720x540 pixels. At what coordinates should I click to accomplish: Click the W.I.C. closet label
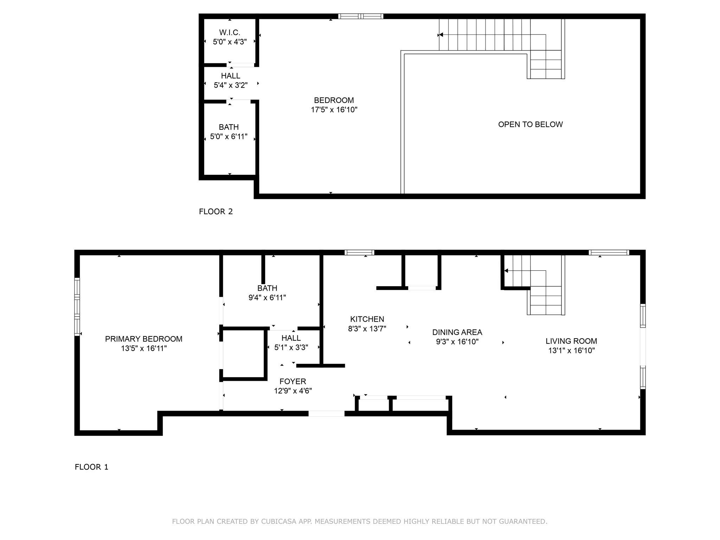[230, 32]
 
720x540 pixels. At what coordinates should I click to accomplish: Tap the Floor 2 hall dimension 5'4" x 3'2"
[231, 85]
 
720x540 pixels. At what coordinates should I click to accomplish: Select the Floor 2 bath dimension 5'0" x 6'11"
[229, 136]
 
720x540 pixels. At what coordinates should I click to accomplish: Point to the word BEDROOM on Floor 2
[334, 100]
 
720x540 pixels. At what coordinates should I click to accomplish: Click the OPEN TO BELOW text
[531, 124]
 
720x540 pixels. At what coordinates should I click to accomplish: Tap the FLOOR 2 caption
[216, 211]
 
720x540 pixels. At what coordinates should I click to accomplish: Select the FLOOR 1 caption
[91, 467]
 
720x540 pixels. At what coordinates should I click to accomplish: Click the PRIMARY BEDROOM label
[144, 339]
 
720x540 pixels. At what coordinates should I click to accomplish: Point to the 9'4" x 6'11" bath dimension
[267, 297]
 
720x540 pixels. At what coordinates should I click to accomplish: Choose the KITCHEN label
[367, 319]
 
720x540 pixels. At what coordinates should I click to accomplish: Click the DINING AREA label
[457, 332]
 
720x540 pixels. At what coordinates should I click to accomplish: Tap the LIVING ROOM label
[571, 341]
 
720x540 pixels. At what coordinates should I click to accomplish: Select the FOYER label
[293, 381]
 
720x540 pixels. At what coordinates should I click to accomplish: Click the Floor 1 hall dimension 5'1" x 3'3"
[291, 347]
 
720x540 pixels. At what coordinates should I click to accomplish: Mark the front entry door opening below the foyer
[326, 413]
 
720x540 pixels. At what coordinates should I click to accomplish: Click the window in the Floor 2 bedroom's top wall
[361, 16]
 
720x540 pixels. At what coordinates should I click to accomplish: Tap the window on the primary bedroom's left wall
[77, 307]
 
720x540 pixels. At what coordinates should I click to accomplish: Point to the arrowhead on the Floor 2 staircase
[440, 35]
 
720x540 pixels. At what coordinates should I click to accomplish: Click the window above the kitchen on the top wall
[359, 252]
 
